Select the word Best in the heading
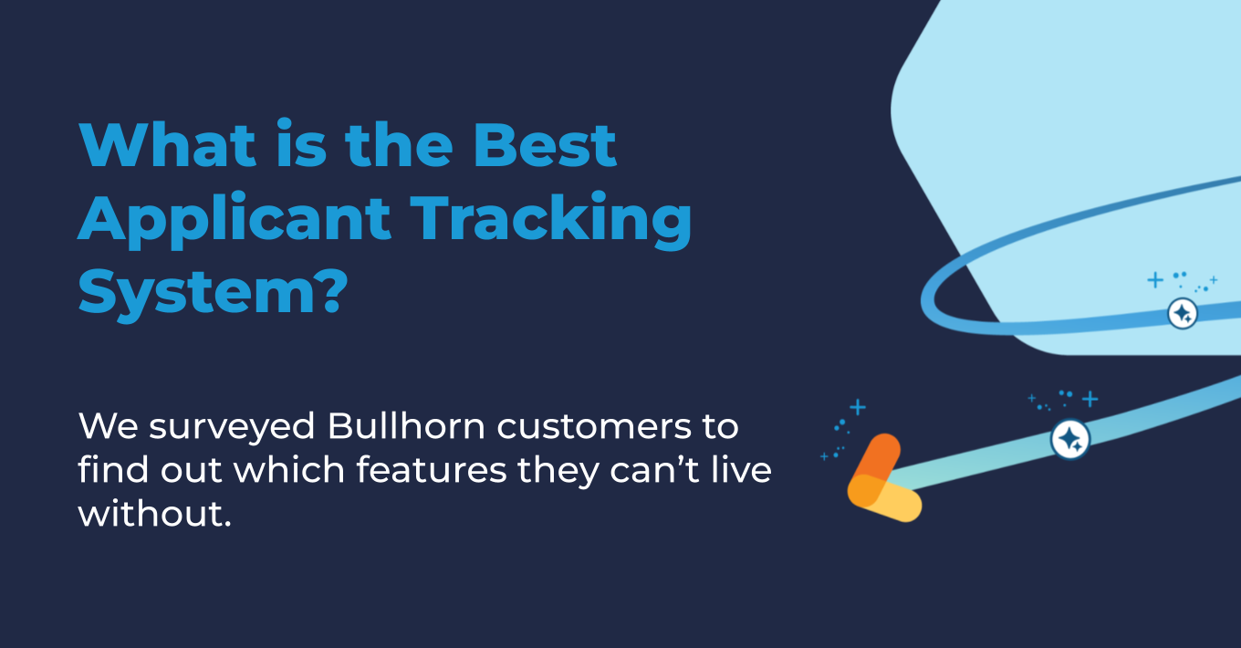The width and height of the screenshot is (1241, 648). [546, 144]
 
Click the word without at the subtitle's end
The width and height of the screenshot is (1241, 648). [150, 513]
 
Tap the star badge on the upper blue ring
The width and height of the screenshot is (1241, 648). [1182, 314]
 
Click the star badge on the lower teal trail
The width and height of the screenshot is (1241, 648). [1069, 440]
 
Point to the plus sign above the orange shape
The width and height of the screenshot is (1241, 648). [857, 407]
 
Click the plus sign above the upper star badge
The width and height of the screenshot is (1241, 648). [1155, 279]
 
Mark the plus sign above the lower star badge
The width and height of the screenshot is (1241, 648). [1090, 399]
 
